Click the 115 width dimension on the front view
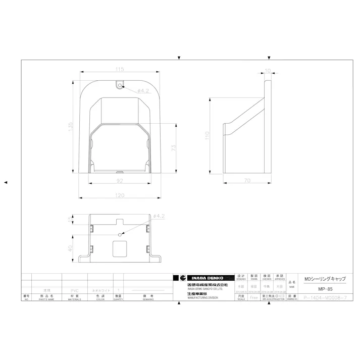pos(120,69)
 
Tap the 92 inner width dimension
pos(120,180)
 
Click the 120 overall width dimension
pos(120,195)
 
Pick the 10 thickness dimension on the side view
pos(267,71)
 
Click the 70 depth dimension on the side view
pos(247,180)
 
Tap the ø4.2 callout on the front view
pos(143,90)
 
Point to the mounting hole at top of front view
pos(120,86)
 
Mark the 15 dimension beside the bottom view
pos(71,219)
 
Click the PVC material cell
pos(74,291)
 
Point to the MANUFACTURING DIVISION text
pos(202,298)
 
